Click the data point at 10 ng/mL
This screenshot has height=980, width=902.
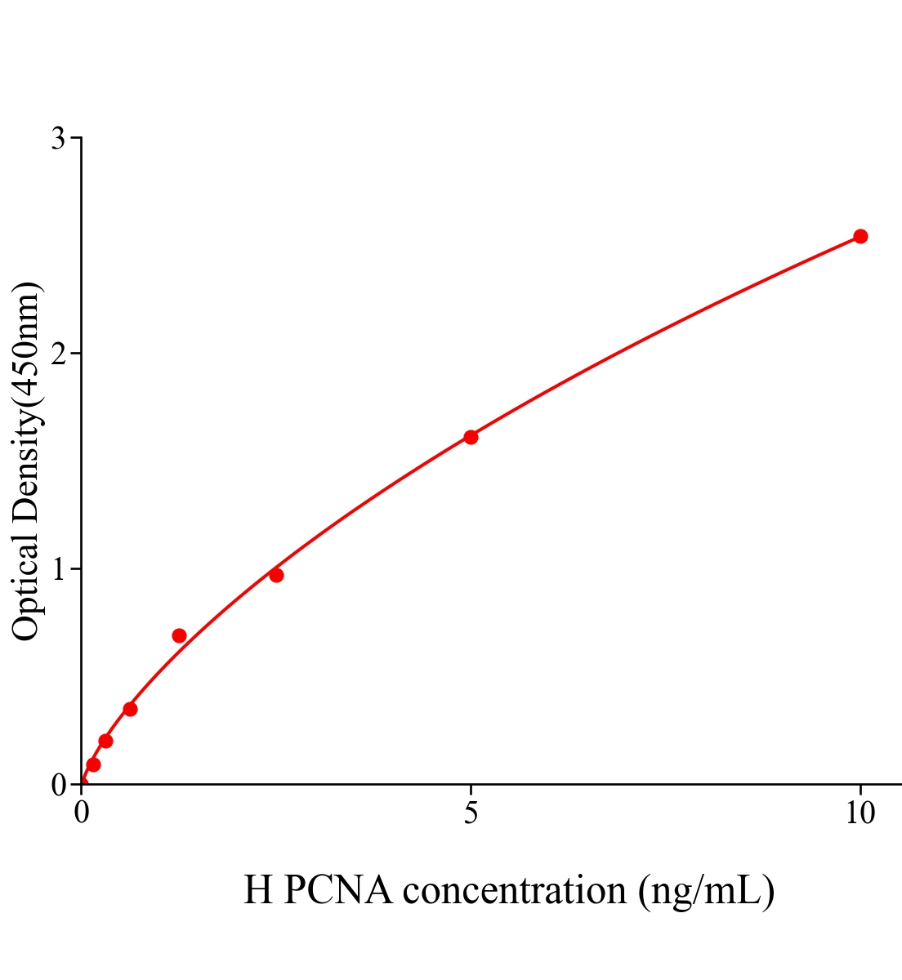pos(860,236)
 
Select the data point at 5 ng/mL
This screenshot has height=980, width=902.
pos(471,437)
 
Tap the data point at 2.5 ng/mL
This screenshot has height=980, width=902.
pos(276,575)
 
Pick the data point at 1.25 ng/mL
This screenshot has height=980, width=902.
pos(179,635)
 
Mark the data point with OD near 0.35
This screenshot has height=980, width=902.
pos(130,709)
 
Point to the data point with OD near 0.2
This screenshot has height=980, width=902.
pos(105,741)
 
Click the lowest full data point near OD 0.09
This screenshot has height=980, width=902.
pos(93,764)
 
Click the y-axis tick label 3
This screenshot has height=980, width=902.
pos(58,139)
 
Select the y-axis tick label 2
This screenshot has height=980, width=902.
pos(58,354)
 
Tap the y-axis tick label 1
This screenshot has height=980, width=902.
pos(58,569)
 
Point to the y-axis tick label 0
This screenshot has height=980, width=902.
pos(58,785)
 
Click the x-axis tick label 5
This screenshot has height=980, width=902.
pos(471,813)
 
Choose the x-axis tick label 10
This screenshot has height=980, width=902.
pos(860,813)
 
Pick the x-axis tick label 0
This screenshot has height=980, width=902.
pos(82,813)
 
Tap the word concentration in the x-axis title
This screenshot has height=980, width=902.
pos(515,891)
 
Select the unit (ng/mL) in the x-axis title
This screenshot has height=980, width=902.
pos(707,891)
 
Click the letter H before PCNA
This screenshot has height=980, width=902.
pos(257,889)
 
